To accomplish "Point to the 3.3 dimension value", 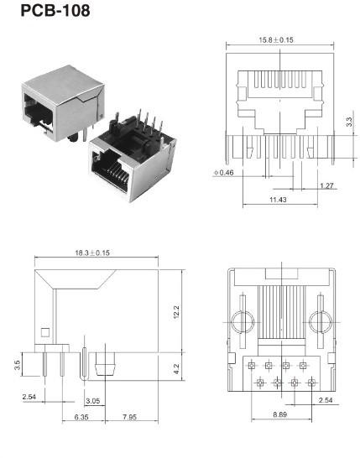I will [349, 122].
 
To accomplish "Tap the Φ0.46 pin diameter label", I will [224, 173].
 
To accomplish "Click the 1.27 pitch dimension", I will [326, 185].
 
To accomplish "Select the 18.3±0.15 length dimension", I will [102, 253].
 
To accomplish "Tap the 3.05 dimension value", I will [95, 402].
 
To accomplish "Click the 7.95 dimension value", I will [129, 417].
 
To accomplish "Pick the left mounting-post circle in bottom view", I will [241, 323].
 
